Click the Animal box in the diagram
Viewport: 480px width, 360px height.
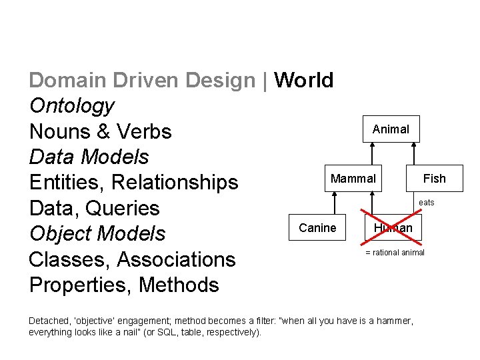coord(391,129)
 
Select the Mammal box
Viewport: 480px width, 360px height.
coord(353,179)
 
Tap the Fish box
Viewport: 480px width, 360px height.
coord(435,179)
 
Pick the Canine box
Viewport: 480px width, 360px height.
coord(317,228)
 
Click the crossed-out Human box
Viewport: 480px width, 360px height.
coord(393,228)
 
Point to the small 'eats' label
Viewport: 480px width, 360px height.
coord(426,203)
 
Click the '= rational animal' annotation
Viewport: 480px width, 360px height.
coord(395,253)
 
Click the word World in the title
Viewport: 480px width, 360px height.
coord(303,80)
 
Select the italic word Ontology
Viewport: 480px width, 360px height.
coord(71,106)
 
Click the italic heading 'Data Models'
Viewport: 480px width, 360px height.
coord(89,157)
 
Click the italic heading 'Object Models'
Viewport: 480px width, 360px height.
coord(97,233)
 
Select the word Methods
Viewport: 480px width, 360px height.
coord(179,285)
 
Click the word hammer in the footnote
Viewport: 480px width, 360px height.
coord(394,321)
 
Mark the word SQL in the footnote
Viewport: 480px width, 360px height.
coord(181,332)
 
